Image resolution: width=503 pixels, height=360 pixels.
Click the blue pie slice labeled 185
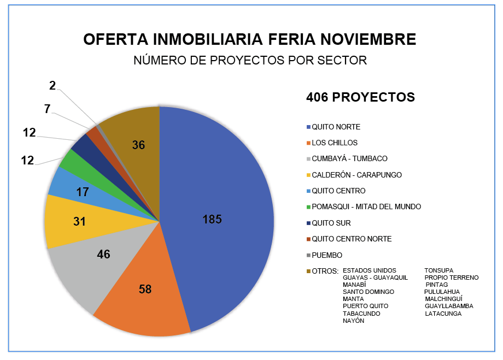coord(219,219)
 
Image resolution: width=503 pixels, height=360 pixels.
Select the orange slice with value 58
coord(145,290)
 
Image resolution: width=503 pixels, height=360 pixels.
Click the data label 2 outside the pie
coord(52,85)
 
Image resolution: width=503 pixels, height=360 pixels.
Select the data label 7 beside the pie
coord(48,109)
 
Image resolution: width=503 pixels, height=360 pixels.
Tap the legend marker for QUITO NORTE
coord(309,127)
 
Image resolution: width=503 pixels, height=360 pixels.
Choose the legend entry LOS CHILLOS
coord(335,143)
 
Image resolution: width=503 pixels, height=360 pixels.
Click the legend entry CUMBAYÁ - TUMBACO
coord(349,159)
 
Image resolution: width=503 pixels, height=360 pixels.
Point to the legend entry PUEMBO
coord(327,255)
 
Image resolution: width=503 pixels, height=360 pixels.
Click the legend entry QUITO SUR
coord(331,223)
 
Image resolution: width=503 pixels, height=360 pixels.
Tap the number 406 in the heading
coord(318,97)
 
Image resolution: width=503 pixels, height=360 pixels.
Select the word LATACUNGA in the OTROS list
coord(443,314)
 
